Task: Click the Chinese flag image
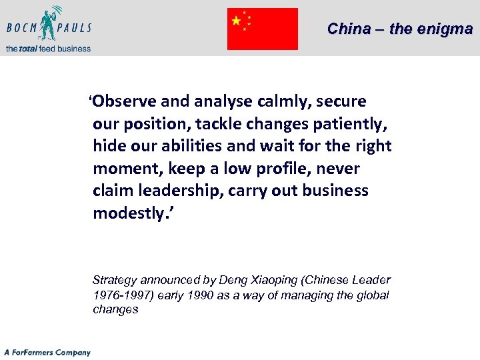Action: coord(262,29)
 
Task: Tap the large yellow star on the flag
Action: coord(236,21)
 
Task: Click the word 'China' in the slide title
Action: coord(349,29)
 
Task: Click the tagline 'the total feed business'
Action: coord(48,48)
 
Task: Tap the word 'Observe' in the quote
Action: coord(125,101)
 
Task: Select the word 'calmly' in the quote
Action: coord(279,101)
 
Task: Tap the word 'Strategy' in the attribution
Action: coord(114,280)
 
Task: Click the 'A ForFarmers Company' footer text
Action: coord(47,352)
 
